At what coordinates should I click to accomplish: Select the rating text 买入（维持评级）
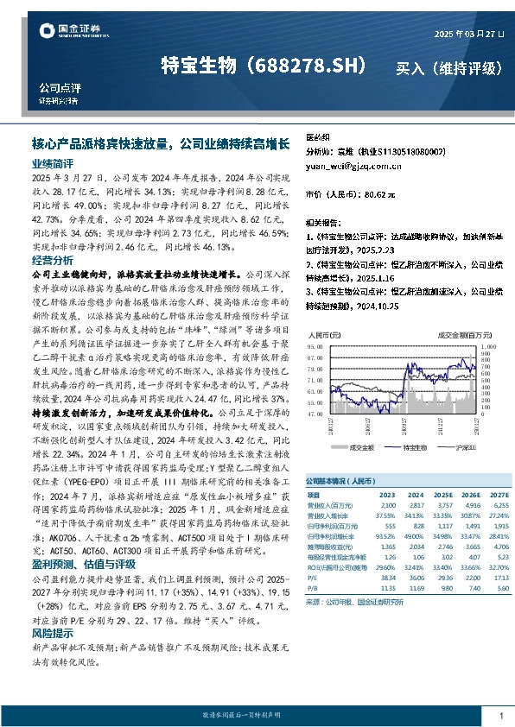448,67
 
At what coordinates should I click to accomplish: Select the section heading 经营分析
53,260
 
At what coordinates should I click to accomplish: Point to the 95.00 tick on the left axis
317,347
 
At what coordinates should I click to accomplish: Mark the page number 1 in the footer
501,716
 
